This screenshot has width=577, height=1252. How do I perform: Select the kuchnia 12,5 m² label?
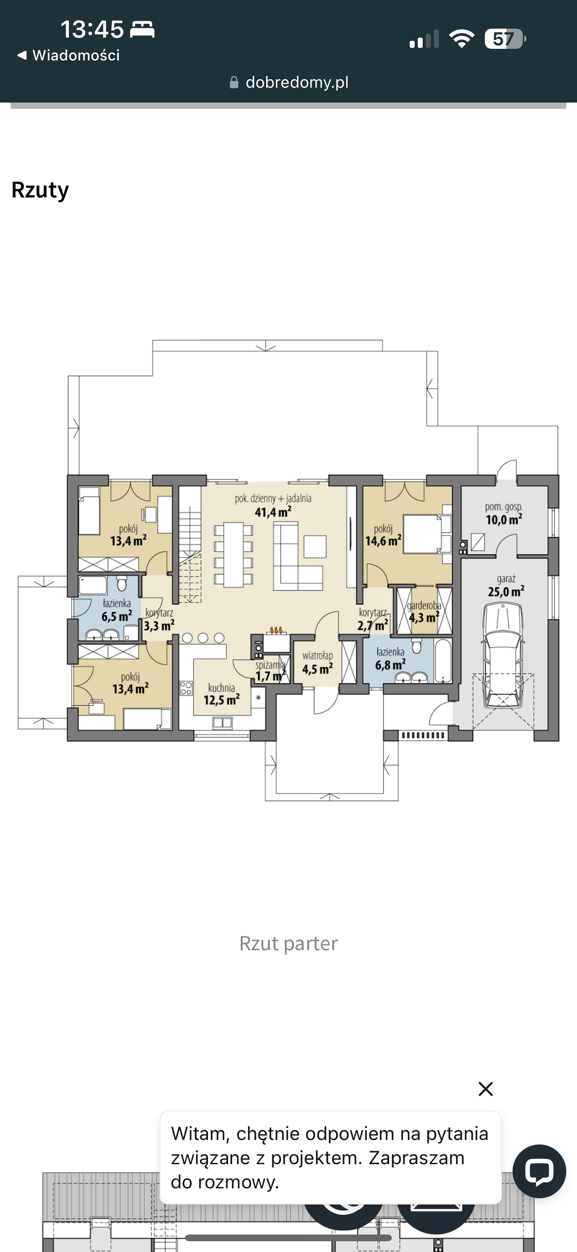coord(221,694)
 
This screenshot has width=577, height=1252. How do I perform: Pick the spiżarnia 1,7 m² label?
coord(271,671)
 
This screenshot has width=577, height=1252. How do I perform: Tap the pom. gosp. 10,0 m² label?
coord(504,514)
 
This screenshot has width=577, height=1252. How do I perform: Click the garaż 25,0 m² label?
coord(506,586)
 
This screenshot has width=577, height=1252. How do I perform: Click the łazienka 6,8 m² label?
coord(390,659)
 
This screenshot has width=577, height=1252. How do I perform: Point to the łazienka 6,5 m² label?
coord(117,610)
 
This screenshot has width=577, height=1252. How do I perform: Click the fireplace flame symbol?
coord(276,630)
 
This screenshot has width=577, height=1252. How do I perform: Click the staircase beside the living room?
coord(190,544)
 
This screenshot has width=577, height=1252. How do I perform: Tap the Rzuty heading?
coord(40,190)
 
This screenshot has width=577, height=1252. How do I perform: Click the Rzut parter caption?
coord(288,943)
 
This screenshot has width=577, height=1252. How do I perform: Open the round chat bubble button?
coord(539,1171)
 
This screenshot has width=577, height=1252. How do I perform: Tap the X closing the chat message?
coord(486,1089)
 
